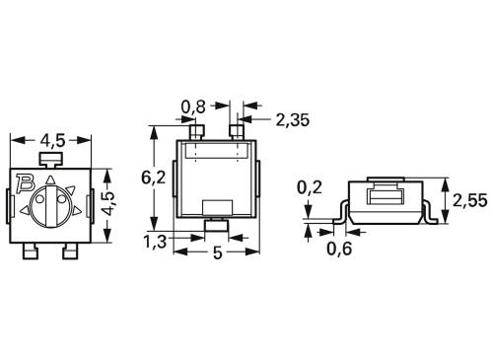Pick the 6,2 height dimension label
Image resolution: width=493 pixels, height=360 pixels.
[153, 180]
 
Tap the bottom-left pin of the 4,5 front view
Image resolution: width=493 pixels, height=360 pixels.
[31, 253]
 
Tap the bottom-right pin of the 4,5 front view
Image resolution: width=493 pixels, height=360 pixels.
[70, 253]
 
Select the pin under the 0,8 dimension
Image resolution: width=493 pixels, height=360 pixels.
[195, 130]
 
